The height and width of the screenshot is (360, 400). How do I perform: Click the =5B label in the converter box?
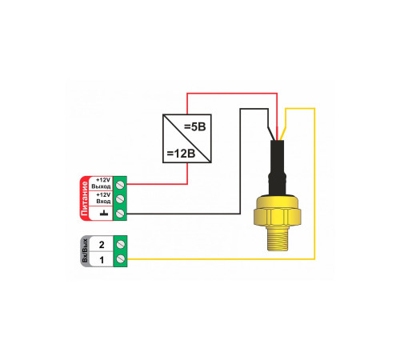pos(195,127)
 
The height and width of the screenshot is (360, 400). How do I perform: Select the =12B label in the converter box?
pos(181,154)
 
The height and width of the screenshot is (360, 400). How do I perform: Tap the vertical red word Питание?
pos(84,198)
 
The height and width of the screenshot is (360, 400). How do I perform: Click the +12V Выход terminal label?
pos(101,183)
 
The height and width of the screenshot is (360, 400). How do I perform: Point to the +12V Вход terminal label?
pos(103,198)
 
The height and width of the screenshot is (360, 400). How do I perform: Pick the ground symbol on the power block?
pos(103,213)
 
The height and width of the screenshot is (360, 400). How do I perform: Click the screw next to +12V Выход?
pos(120,184)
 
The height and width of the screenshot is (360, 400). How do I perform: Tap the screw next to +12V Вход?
pos(120,198)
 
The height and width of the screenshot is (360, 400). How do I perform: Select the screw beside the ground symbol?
pos(120,213)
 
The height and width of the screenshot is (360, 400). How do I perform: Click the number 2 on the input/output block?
pos(102,245)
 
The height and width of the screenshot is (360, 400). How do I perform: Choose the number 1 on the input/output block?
pos(102,260)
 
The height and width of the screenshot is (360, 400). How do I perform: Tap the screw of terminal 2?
pos(121,244)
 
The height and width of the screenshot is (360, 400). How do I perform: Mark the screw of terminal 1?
pos(121,258)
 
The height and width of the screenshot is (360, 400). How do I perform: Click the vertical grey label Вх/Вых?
pos(85,251)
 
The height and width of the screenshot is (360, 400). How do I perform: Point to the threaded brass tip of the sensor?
pos(278,238)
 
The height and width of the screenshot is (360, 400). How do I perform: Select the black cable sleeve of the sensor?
pos(277,167)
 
